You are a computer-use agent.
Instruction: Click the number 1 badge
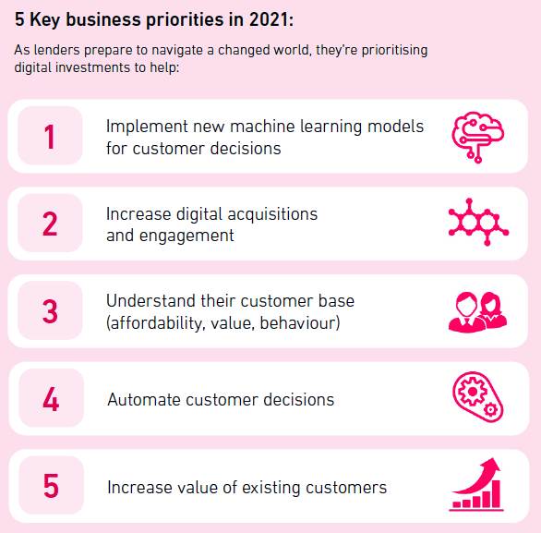click(50, 136)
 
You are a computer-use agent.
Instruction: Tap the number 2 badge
click(50, 223)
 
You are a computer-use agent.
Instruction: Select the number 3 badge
click(50, 310)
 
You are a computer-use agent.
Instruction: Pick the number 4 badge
click(51, 398)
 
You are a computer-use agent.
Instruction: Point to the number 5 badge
click(51, 485)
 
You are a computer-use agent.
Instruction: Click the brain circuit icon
click(478, 137)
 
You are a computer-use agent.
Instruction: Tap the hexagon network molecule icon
click(478, 222)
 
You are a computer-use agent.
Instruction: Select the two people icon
click(478, 312)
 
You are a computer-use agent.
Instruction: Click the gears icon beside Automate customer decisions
click(478, 397)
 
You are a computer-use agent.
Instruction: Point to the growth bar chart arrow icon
click(476, 484)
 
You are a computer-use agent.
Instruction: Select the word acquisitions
click(272, 214)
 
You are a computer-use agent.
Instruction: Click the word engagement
click(186, 236)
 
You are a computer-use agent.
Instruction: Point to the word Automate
click(144, 400)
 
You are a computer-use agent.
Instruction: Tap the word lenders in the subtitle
click(57, 50)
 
